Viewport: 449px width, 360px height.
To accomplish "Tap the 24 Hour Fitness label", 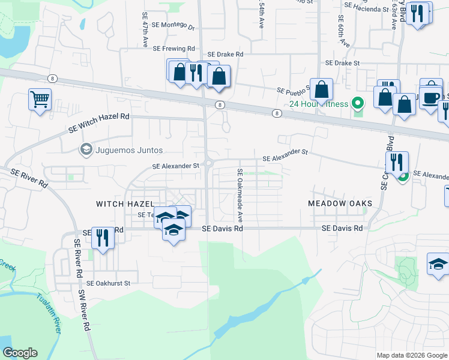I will click(x=318, y=104).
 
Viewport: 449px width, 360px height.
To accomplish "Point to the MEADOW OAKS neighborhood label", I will click(x=340, y=203).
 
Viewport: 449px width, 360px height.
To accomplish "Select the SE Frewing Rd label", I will click(x=174, y=49).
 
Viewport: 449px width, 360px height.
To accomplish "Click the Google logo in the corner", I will click(x=20, y=353).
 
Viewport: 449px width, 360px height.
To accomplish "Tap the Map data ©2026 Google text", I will click(x=412, y=355).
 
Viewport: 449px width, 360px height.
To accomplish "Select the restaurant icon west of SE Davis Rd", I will click(x=103, y=237).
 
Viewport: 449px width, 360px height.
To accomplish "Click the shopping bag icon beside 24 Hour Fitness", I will click(x=322, y=89).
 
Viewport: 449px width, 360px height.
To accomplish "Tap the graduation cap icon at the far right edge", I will click(x=438, y=263).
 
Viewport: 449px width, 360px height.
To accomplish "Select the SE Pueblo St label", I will click(x=293, y=91).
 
